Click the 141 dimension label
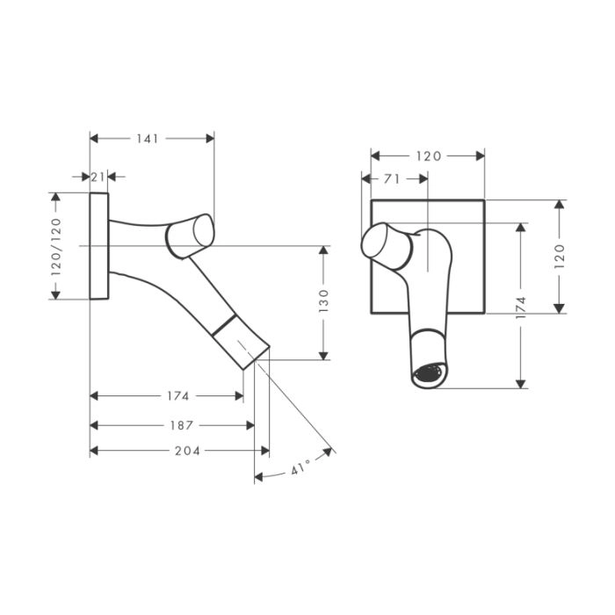point(148,139)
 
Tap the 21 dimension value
point(98,177)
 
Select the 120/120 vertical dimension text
point(56,247)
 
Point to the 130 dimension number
point(323,300)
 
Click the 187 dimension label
point(182,425)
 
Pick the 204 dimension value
point(187,451)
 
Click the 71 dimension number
point(392,179)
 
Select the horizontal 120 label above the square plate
point(429,156)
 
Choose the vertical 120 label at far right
point(560,257)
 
